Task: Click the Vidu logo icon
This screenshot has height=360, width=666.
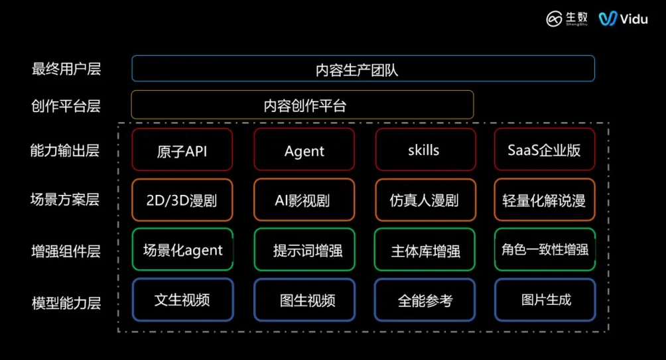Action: (x=608, y=19)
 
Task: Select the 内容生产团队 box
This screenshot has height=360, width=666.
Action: (x=363, y=68)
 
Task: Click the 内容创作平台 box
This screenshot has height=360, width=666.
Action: (x=302, y=105)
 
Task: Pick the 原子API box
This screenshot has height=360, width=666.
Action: (x=182, y=150)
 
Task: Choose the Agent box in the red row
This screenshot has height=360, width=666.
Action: (x=304, y=150)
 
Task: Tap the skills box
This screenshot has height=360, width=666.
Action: (x=425, y=150)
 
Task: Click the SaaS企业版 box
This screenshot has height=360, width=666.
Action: (x=544, y=150)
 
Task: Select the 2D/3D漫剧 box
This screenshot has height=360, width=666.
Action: (x=182, y=200)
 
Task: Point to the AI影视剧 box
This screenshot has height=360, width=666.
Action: (x=304, y=200)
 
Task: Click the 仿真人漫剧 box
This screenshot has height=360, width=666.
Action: (x=425, y=200)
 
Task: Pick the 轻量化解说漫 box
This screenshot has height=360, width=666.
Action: (x=544, y=200)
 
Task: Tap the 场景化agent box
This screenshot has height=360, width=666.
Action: (x=182, y=250)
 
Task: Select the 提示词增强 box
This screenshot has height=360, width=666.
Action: (x=304, y=250)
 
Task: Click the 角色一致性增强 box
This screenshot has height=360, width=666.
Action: (x=544, y=250)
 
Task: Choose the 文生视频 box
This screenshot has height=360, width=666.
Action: (x=182, y=300)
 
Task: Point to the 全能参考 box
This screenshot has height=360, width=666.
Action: (x=425, y=300)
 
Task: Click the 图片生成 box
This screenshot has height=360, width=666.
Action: (x=544, y=300)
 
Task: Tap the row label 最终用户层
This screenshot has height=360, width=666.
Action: (x=66, y=68)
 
